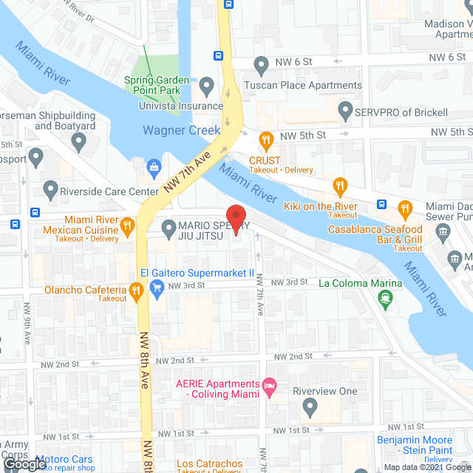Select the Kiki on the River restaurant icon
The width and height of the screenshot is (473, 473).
[340, 185]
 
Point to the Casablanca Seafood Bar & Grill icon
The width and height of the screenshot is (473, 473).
[404, 208]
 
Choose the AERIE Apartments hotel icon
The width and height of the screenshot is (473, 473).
[269, 386]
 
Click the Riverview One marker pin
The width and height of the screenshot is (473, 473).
[310, 406]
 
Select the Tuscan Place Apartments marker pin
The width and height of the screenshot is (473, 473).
[259, 65]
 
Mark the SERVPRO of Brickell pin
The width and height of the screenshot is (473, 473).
[344, 112]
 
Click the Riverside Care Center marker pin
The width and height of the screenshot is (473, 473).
[50, 190]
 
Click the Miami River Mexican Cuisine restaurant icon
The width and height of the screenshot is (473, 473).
[127, 227]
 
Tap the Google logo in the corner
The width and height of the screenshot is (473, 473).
[24, 464]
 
